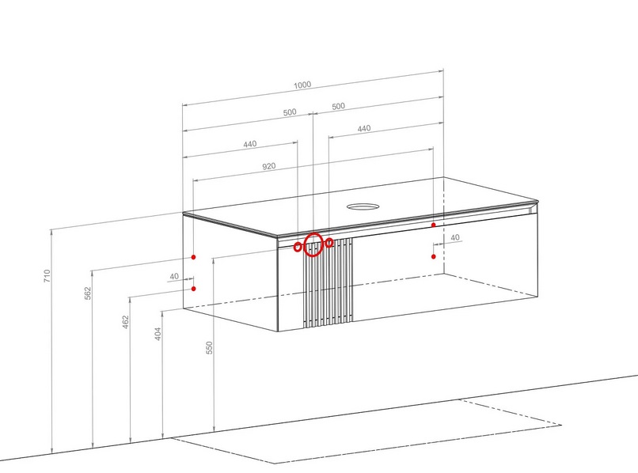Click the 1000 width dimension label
pyautogui.click(x=302, y=85)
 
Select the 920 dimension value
pyautogui.click(x=268, y=166)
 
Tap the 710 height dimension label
pyautogui.click(x=47, y=276)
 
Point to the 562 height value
pyautogui.click(x=88, y=293)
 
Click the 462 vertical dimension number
pyautogui.click(x=126, y=322)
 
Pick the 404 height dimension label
pyautogui.click(x=158, y=334)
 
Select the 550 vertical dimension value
pyautogui.click(x=209, y=348)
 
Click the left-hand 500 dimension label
pyautogui.click(x=290, y=112)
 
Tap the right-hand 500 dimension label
pyautogui.click(x=338, y=106)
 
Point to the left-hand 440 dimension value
pyautogui.click(x=250, y=144)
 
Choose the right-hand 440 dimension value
pyautogui.click(x=364, y=128)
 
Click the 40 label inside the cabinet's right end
pyautogui.click(x=455, y=237)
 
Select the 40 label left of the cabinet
pyautogui.click(x=174, y=276)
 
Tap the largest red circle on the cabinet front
pyautogui.click(x=313, y=234)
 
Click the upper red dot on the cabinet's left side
pyautogui.click(x=194, y=257)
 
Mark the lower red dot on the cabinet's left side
pyautogui.click(x=194, y=289)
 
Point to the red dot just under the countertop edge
pyautogui.click(x=433, y=225)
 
